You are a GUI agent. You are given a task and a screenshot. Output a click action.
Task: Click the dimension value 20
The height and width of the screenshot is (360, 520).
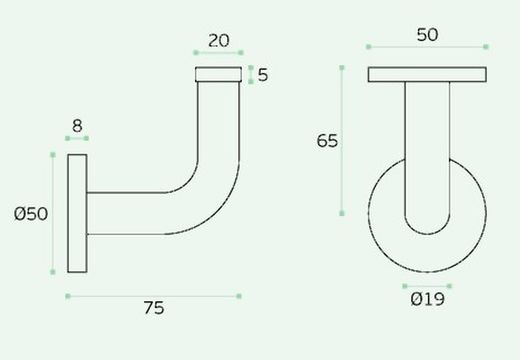tap(219, 41)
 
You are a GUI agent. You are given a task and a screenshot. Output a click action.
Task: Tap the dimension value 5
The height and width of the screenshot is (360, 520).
tap(263, 75)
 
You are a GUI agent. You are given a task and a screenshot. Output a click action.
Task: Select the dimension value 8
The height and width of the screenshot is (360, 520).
tap(77, 126)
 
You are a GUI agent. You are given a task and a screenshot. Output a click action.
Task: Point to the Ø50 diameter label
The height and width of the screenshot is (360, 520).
tap(31, 214)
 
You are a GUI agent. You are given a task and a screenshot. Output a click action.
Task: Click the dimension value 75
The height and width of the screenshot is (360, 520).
tap(154, 308)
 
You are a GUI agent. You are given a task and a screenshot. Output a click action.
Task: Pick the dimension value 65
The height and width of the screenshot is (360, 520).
tap(327, 141)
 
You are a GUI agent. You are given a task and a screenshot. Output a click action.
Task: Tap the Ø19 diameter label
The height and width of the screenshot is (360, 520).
tap(427, 299)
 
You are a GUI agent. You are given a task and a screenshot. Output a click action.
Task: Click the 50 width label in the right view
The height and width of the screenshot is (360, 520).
tap(427, 35)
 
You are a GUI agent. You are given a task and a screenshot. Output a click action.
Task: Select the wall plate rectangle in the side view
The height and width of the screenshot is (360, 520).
tap(77, 213)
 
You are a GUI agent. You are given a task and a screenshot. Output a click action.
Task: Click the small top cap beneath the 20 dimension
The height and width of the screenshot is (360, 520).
tap(218, 74)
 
